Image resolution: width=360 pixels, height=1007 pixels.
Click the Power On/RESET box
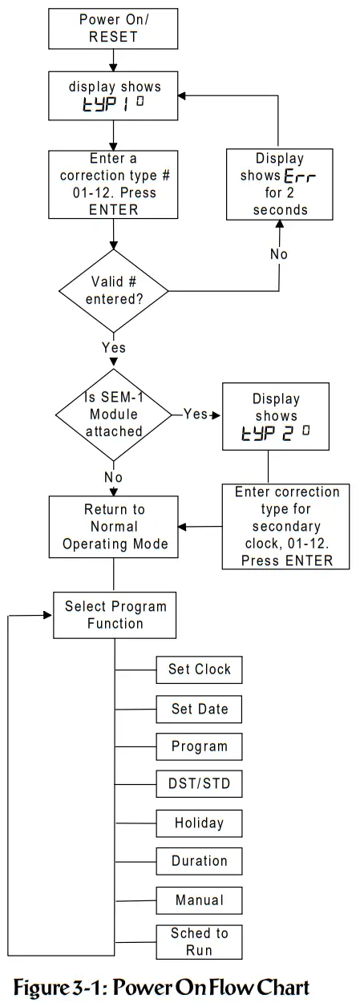tap(119, 28)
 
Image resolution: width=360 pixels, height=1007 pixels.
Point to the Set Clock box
tap(199, 669)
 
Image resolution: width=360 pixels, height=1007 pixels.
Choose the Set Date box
tap(199, 709)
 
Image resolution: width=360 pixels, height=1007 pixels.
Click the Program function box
tap(199, 746)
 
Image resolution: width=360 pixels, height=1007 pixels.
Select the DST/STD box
tap(199, 783)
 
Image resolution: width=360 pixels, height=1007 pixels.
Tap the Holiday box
tap(199, 823)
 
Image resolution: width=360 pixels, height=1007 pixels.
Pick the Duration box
tap(199, 861)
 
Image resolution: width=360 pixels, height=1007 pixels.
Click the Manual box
tap(199, 900)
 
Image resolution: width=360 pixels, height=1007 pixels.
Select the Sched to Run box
tap(199, 941)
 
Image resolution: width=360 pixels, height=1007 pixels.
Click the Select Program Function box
tap(115, 615)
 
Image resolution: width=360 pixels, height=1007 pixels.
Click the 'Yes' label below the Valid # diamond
tap(114, 348)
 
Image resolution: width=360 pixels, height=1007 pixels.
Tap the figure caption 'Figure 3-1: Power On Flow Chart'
tap(160, 985)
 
